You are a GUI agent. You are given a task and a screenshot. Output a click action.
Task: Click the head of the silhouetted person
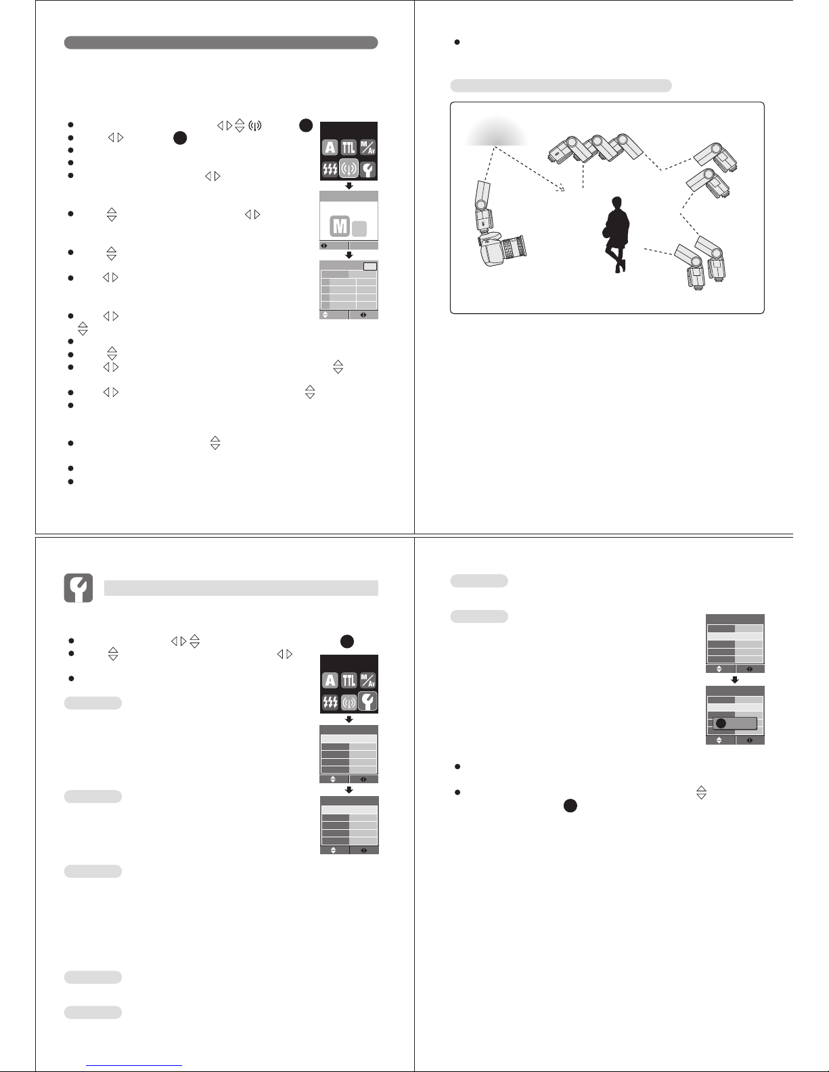[617, 203]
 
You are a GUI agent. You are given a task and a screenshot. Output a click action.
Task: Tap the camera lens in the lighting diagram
[515, 247]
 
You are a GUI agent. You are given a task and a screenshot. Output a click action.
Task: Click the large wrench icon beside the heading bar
[79, 588]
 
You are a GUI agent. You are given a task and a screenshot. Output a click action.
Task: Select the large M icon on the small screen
[340, 227]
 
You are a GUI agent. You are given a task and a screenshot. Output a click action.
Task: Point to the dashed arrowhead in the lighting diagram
[560, 187]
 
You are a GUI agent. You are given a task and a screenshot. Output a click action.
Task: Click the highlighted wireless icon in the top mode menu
[349, 168]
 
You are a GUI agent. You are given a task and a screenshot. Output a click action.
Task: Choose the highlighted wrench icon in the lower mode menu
[367, 701]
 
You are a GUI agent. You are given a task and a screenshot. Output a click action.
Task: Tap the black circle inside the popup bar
[721, 723]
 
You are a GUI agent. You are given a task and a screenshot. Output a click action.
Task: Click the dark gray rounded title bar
[221, 43]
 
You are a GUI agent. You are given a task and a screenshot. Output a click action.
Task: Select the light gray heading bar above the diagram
[561, 85]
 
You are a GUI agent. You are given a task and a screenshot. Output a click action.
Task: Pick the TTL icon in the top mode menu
[349, 147]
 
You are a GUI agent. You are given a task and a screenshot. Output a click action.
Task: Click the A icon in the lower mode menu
[330, 681]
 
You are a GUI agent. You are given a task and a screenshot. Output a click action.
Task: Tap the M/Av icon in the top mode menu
[367, 147]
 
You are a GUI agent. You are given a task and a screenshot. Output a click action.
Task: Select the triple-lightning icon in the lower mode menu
[330, 701]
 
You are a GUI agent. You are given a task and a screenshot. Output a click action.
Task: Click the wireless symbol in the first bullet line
[254, 125]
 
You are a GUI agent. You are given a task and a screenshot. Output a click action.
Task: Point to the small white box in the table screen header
[370, 266]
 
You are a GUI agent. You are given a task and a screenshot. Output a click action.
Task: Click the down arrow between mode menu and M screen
[349, 185]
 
